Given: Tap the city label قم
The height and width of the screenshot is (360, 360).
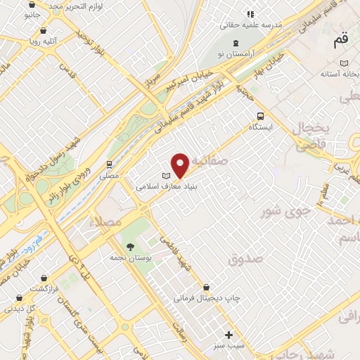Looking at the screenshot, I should tap(341, 41).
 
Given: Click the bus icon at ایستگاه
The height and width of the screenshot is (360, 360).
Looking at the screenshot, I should tap(260, 116).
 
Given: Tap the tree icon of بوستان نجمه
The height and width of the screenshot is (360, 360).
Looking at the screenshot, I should tap(130, 246).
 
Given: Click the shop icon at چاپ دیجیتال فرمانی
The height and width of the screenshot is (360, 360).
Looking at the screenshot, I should tap(206, 287).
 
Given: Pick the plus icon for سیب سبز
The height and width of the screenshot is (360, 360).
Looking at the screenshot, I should tap(229, 335).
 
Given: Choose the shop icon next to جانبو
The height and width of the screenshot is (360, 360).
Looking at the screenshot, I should tap(28, 3).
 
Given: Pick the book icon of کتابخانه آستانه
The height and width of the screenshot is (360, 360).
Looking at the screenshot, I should tap(343, 63).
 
